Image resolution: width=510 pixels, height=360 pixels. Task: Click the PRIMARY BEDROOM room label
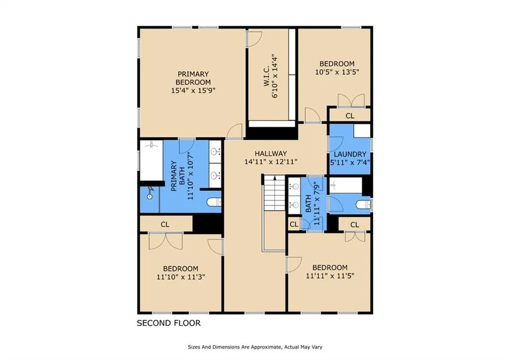193,78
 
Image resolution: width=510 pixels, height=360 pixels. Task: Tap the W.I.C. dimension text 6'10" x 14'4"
275,76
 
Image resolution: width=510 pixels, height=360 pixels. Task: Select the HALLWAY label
270,153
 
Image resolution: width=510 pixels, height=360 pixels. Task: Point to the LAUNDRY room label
350,154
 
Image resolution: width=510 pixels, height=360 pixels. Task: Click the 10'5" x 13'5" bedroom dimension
337,72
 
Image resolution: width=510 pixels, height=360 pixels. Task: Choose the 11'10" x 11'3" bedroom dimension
180,277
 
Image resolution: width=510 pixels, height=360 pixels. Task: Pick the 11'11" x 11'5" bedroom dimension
330,276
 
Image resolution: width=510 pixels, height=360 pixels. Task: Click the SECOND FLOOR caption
168,323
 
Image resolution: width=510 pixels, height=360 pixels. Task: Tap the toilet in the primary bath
214,202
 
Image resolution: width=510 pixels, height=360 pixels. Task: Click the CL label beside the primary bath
165,225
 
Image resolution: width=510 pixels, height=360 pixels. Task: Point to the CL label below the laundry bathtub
355,225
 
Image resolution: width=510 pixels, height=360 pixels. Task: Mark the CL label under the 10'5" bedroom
350,116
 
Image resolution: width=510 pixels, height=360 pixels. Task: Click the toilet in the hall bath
363,205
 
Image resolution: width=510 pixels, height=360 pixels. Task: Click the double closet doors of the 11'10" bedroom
165,241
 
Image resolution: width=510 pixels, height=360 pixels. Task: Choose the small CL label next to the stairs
294,224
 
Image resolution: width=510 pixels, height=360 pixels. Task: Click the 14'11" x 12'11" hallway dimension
270,162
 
